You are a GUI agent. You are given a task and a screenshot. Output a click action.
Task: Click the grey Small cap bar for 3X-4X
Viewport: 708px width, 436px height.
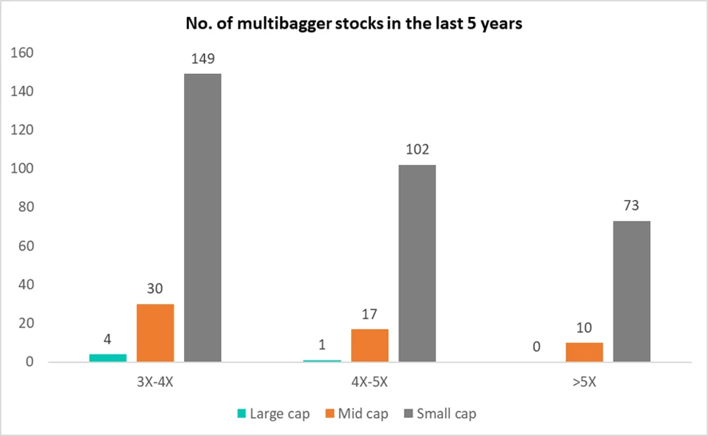202,218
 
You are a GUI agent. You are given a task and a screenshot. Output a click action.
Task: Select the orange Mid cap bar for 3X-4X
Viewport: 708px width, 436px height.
155,333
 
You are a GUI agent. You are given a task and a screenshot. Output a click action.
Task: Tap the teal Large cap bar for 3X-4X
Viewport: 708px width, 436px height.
108,358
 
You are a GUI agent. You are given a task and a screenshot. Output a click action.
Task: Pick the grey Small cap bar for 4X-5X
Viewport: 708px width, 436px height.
417,263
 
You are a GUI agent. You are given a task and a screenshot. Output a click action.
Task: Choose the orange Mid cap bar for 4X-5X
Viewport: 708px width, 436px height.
369,345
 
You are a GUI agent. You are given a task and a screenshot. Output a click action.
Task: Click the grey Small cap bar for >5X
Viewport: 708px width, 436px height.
631,291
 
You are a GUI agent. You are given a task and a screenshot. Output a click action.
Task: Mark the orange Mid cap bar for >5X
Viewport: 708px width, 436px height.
584,352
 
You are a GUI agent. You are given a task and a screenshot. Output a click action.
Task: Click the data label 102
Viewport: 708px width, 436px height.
417,150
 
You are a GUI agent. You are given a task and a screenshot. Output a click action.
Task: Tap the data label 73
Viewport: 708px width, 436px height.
631,207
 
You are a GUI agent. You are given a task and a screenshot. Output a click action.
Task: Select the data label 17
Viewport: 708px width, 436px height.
369,314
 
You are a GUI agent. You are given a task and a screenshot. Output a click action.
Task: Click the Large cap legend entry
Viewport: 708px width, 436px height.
272,414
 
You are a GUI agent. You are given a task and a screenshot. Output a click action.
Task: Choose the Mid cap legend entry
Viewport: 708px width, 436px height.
362,414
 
